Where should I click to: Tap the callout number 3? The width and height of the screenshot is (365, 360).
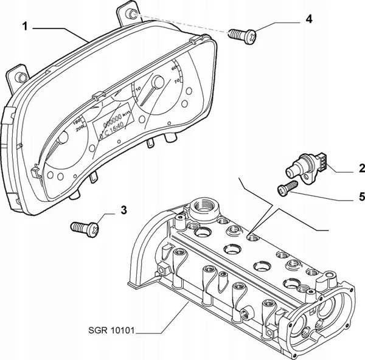pyautogui.click(x=123, y=210)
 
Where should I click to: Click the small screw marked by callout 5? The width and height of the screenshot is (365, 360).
pyautogui.click(x=286, y=189)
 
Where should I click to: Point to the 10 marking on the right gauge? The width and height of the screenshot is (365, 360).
pyautogui.click(x=139, y=89)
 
